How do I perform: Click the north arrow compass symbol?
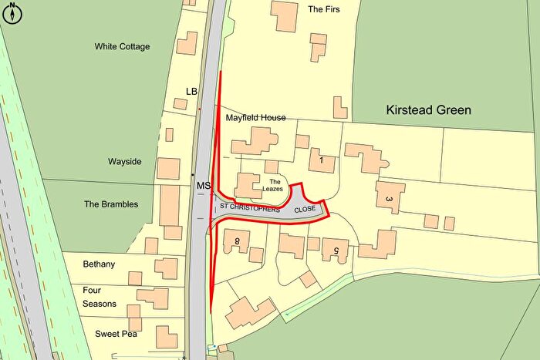coord(13,13)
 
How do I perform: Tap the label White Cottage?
coord(122,47)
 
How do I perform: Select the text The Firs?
coord(323,10)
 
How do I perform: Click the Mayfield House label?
coord(255,118)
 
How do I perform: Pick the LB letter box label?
coord(192,92)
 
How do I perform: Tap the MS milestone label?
coord(203,187)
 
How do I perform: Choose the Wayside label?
coord(124,162)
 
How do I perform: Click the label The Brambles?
coord(111,204)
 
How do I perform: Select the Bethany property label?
coord(99,264)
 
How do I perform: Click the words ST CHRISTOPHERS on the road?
coord(249,208)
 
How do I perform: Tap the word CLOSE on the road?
coord(305,208)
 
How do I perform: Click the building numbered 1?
coord(321,160)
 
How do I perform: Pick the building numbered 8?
coord(237,242)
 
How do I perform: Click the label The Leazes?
coord(275,186)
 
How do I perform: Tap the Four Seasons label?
coord(100,297)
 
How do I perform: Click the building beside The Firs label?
coord(284,16)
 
